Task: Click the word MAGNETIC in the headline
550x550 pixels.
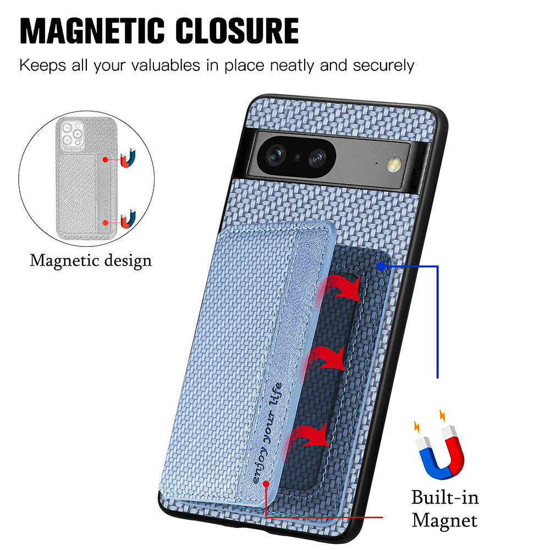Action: click(92, 31)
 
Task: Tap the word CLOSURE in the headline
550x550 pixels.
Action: click(237, 31)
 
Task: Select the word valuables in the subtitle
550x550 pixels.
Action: click(166, 65)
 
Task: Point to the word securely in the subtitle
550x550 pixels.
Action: click(383, 66)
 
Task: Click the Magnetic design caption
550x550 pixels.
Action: click(91, 261)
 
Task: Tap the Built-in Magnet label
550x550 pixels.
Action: click(445, 509)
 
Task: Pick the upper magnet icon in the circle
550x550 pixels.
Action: click(128, 158)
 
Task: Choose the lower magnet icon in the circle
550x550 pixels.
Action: click(128, 219)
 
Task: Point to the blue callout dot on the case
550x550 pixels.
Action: click(381, 267)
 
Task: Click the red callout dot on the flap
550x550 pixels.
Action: click(266, 484)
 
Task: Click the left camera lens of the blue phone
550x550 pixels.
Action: click(276, 155)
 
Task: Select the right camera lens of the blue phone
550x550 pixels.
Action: click(317, 158)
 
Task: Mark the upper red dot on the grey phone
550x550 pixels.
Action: click(105, 159)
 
